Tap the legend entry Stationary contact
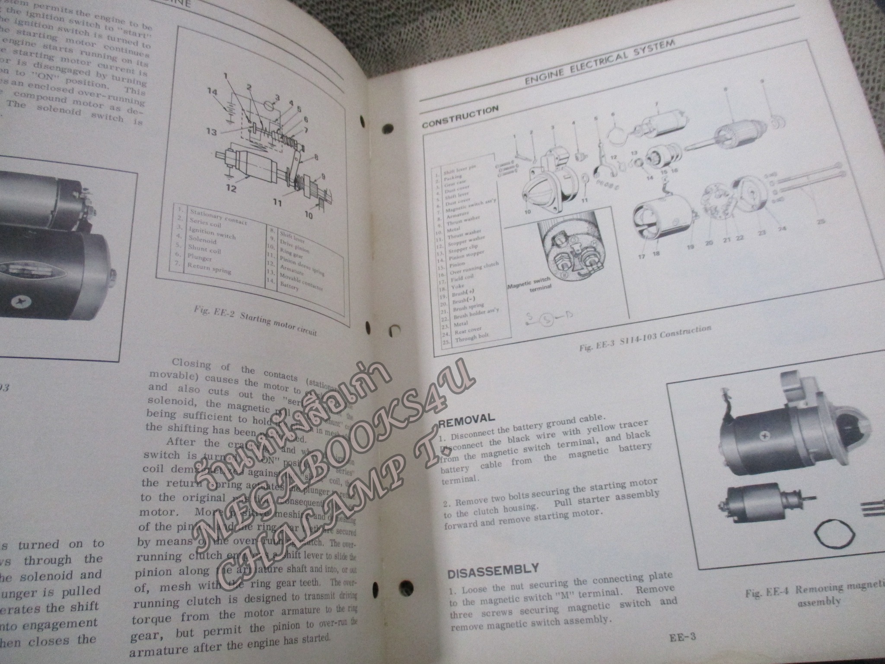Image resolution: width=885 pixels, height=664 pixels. [x=218, y=217]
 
